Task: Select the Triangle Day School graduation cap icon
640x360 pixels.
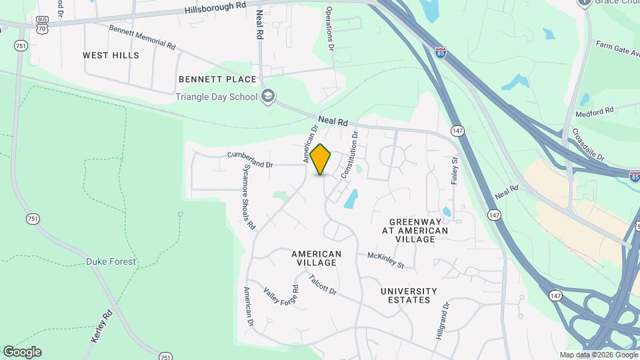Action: [x=268, y=97]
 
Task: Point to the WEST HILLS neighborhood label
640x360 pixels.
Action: [x=111, y=55]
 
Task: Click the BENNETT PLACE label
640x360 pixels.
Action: [x=217, y=79]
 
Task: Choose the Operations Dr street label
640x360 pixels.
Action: [x=329, y=29]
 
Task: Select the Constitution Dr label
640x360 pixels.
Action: [x=349, y=155]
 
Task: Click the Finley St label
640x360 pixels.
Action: [x=456, y=170]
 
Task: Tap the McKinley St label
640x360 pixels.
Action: [x=386, y=260]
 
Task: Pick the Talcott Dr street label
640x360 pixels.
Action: [x=323, y=285]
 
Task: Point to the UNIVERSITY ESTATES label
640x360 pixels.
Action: [x=409, y=295]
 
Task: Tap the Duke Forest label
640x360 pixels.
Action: [x=111, y=262]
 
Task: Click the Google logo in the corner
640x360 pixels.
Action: [x=21, y=352]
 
